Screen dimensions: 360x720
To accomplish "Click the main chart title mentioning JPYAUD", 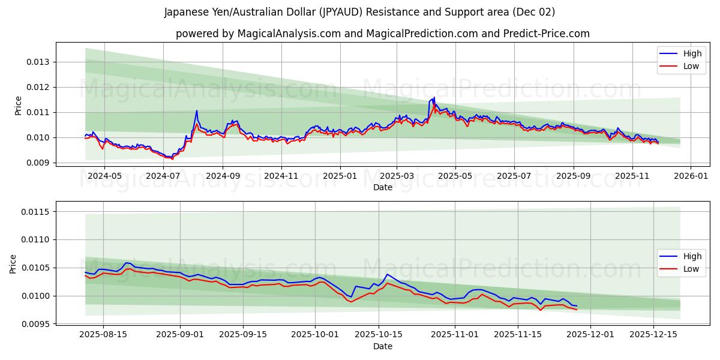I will coord(359,12).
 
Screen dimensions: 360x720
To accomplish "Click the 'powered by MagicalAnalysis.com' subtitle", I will coord(382,34).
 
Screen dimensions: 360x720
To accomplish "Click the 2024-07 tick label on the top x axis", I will coord(163,176).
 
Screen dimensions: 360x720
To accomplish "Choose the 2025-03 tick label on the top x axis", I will coord(397,176).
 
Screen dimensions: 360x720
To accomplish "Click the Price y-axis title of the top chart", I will coord(19,106).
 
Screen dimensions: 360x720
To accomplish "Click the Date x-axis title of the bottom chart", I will coord(382,346).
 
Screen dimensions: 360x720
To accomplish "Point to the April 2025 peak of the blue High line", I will coord(434,97).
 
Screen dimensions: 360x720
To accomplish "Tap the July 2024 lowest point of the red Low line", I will coord(172,159).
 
